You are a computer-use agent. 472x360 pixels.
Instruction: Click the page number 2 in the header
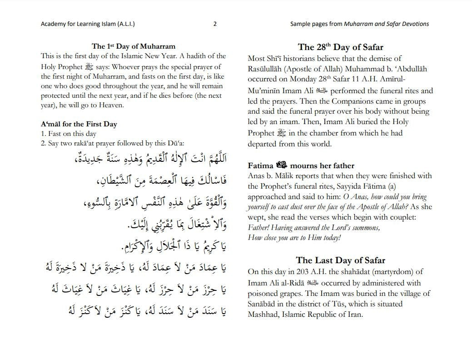215,24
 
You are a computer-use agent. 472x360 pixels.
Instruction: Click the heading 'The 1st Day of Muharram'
133,46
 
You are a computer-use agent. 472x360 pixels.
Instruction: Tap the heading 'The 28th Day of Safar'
340,47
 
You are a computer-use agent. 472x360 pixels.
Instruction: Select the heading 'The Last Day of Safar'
340,260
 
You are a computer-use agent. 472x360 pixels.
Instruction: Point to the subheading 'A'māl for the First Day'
79,124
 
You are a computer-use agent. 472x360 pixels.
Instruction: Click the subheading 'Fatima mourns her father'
301,165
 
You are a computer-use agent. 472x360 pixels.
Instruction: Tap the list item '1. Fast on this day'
68,134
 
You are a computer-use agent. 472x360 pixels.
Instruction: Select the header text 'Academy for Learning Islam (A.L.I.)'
88,24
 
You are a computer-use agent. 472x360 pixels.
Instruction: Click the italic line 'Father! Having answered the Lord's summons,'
313,227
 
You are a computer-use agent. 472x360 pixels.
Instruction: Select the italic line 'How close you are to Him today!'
294,238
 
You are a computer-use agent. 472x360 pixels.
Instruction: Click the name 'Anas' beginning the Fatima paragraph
256,176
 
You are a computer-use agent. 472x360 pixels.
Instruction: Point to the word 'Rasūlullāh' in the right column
268,69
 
